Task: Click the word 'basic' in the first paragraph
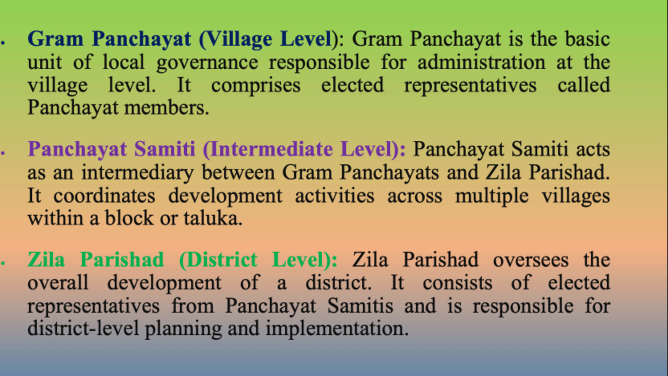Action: (x=587, y=39)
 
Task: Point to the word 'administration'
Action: (x=481, y=62)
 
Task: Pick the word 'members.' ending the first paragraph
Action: (x=167, y=107)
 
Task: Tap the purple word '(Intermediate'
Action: (x=267, y=150)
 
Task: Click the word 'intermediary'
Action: (x=137, y=173)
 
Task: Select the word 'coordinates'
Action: (x=104, y=196)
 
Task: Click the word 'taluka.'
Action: (x=213, y=218)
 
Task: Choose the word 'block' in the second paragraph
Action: (x=129, y=218)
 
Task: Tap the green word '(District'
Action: (x=218, y=260)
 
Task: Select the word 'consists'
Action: (x=458, y=283)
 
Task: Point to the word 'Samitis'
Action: (x=360, y=306)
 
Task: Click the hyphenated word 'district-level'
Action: (x=83, y=328)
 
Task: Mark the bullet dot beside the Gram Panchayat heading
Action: (x=3, y=42)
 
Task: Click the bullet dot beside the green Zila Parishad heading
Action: (x=3, y=263)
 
